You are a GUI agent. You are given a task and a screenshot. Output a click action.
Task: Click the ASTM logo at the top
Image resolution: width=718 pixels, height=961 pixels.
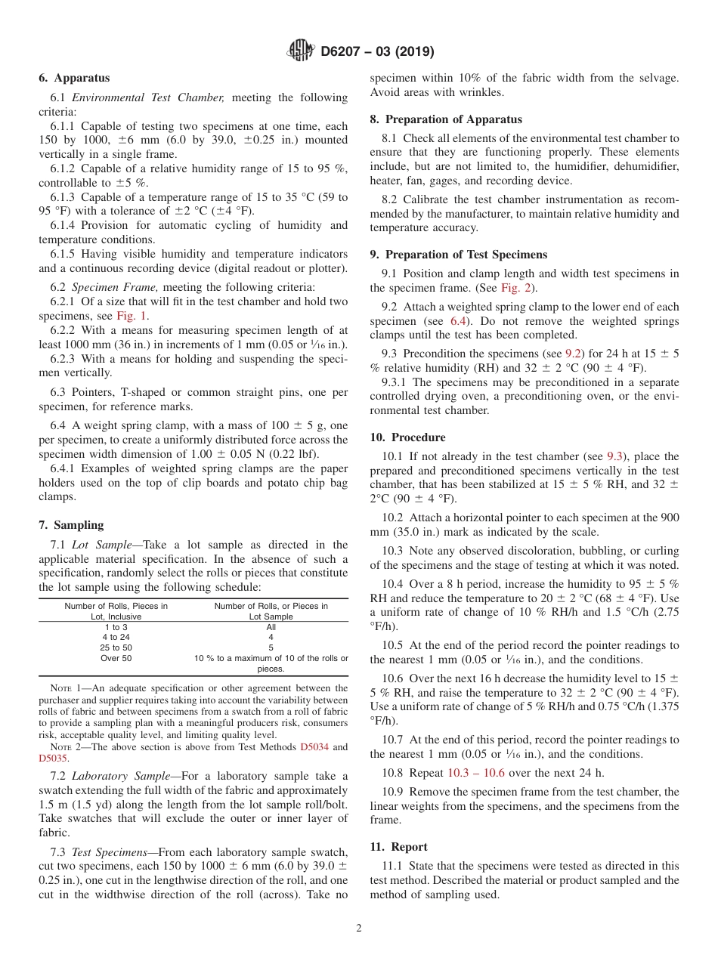point(301,51)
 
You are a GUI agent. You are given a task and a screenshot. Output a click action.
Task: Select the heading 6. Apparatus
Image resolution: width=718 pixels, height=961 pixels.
point(74,78)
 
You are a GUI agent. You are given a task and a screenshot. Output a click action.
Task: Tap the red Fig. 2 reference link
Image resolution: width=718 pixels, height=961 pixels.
point(515,288)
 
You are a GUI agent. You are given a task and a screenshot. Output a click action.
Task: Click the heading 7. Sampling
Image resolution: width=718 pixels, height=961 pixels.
point(71,525)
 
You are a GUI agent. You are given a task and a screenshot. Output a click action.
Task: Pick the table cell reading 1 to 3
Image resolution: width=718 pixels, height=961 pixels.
point(116,627)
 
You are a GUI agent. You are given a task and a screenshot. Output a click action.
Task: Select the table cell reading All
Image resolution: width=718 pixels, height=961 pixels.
point(271,627)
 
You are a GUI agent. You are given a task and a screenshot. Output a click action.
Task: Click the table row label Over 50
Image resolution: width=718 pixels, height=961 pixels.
point(116,658)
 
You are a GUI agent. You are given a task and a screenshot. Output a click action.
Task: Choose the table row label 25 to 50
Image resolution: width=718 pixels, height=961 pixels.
point(116,647)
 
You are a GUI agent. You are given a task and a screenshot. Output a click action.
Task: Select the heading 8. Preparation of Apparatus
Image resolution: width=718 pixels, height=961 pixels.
point(446,119)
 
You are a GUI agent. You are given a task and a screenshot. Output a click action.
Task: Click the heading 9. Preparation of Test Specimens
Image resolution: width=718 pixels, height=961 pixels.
point(459,255)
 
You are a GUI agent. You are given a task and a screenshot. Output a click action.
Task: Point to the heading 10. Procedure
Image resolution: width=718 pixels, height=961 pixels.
point(407,437)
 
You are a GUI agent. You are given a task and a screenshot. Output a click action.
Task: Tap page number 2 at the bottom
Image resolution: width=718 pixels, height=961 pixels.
point(359,929)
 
